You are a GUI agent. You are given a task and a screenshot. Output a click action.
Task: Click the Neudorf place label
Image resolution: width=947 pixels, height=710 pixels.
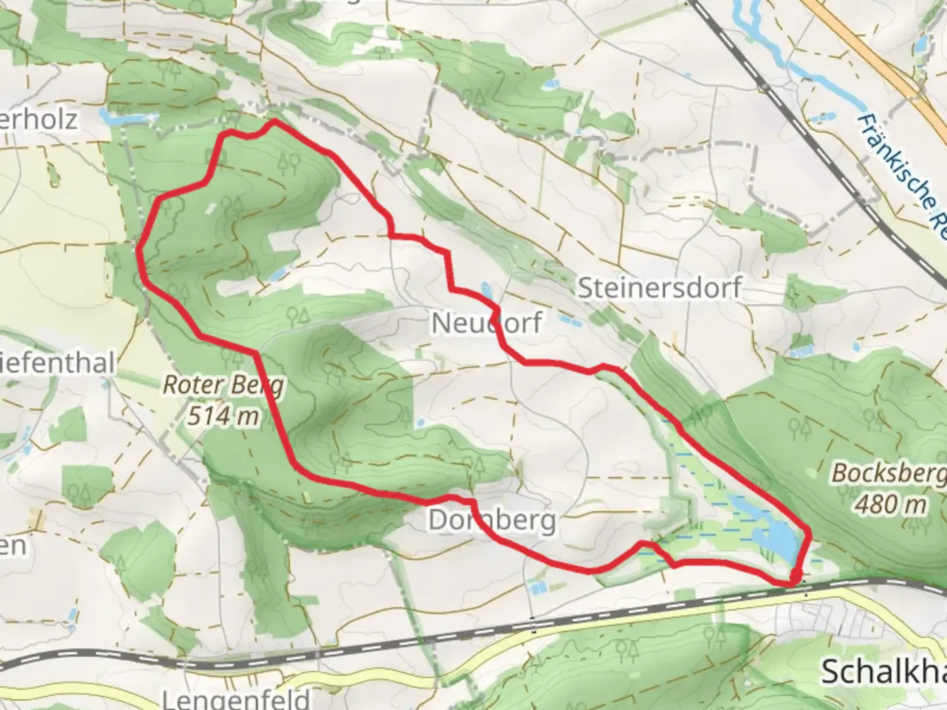(487, 323)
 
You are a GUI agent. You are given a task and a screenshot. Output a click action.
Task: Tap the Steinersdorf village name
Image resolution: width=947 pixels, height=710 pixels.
(660, 288)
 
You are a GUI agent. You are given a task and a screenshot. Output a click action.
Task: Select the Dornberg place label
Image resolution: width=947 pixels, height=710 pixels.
(492, 520)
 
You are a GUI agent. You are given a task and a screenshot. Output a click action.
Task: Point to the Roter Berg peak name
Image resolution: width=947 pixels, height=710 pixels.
(223, 385)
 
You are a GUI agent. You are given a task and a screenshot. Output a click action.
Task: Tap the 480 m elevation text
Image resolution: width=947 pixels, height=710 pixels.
(891, 504)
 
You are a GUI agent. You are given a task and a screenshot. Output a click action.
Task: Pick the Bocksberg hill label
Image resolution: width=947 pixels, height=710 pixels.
(888, 473)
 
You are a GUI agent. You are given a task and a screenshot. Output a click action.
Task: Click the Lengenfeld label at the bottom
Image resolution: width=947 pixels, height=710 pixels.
(235, 698)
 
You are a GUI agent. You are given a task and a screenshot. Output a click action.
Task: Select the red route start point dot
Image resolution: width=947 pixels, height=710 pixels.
(795, 577)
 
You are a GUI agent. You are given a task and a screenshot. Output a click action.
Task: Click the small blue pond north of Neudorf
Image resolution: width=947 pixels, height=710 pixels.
(486, 289)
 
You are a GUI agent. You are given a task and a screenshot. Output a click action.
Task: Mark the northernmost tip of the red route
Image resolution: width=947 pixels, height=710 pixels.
(274, 122)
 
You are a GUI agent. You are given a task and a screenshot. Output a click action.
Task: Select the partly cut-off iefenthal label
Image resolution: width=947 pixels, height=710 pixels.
(58, 363)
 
